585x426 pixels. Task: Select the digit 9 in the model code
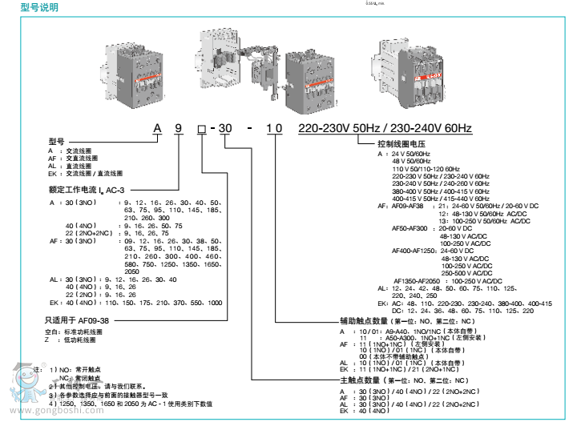180,128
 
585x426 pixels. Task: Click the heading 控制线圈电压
401,144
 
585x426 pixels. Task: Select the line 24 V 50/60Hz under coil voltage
410,153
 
